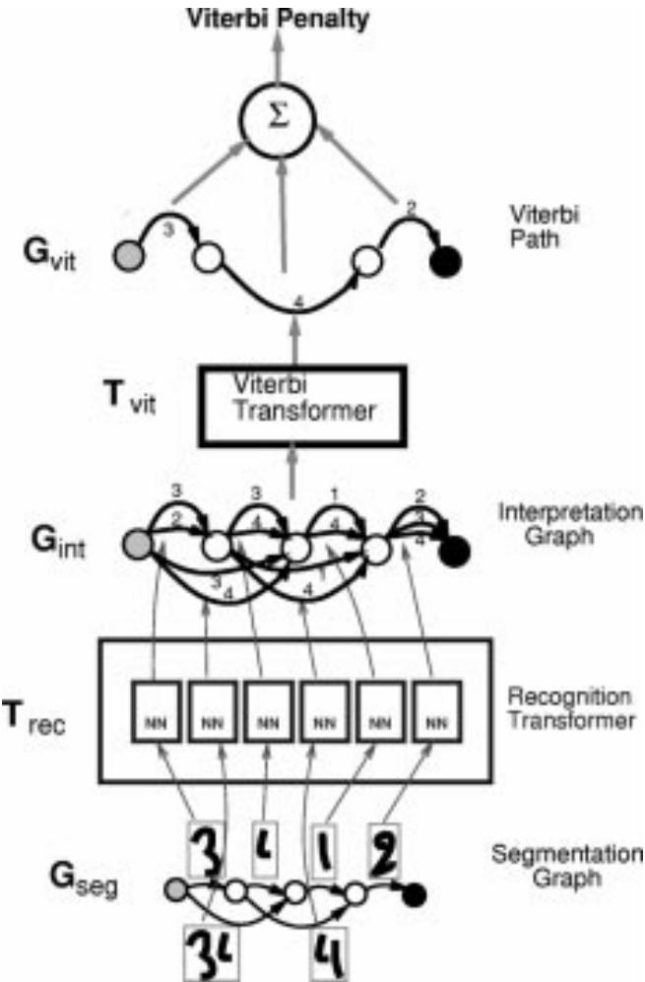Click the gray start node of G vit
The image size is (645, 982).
coord(137,258)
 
